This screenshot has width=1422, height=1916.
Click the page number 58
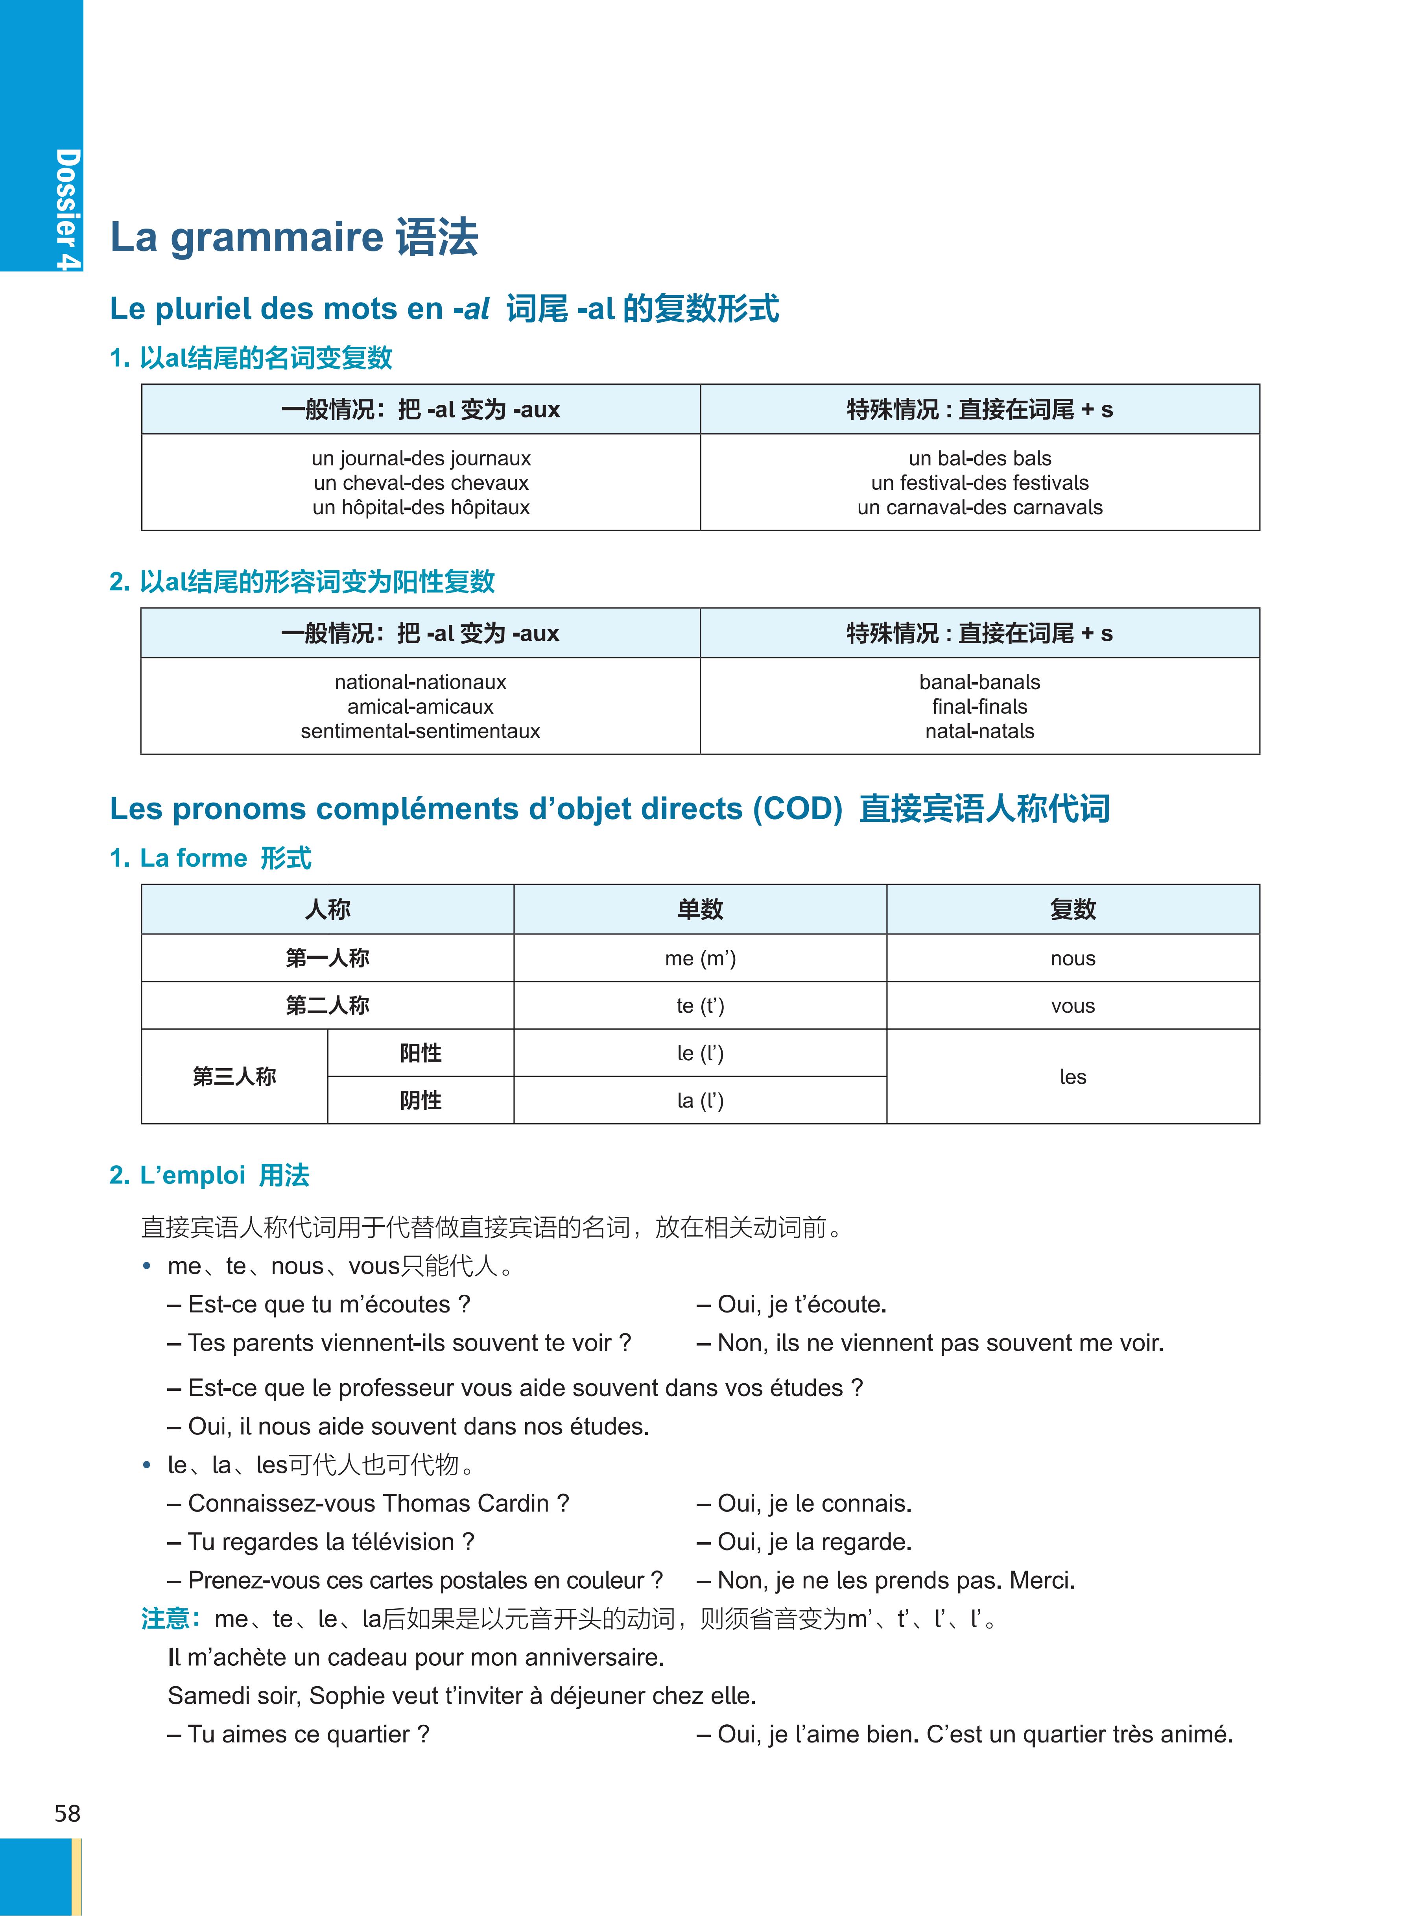pos(67,1814)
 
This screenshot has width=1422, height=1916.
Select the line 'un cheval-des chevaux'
pos(421,483)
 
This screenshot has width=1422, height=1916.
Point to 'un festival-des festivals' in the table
pos(979,483)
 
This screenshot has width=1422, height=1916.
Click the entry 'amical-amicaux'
pos(420,707)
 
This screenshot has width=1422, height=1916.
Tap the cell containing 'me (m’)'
pos(700,958)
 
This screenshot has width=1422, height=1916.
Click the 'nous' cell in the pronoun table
pos(1073,958)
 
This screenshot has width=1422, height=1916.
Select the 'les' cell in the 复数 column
pos(1073,1077)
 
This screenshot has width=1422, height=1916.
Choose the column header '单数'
pos(700,909)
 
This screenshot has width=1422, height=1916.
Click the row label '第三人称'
pos(234,1077)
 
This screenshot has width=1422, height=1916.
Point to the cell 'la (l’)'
pos(700,1101)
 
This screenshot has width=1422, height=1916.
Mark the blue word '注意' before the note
pos(165,1619)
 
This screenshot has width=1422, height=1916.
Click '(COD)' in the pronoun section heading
pos(797,809)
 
